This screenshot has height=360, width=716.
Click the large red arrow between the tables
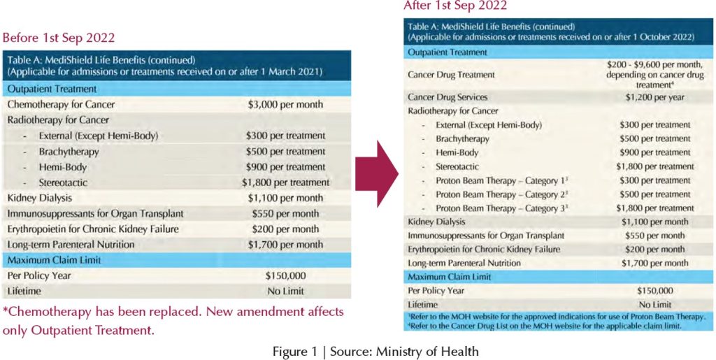pyautogui.click(x=375, y=173)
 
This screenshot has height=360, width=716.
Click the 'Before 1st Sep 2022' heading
pyautogui.click(x=59, y=38)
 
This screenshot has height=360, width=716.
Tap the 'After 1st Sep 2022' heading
pyautogui.click(x=455, y=6)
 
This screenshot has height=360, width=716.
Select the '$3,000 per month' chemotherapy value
pyautogui.click(x=285, y=104)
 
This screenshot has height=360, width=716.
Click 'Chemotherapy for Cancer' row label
pyautogui.click(x=61, y=104)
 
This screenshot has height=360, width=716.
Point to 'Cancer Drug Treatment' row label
pyautogui.click(x=451, y=74)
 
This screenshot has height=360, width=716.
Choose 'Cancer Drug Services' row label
pyautogui.click(x=447, y=97)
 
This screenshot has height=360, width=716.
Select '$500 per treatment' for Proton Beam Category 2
pyautogui.click(x=654, y=194)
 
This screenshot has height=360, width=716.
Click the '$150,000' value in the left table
pyautogui.click(x=285, y=275)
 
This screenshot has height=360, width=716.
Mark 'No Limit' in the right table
pyautogui.click(x=654, y=305)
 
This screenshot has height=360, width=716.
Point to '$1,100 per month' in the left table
pyautogui.click(x=285, y=198)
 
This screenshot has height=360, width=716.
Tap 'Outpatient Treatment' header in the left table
pyautogui.click(x=52, y=89)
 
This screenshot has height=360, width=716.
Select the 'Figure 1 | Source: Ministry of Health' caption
pyautogui.click(x=375, y=351)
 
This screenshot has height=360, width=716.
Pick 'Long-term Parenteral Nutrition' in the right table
pyautogui.click(x=464, y=263)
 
